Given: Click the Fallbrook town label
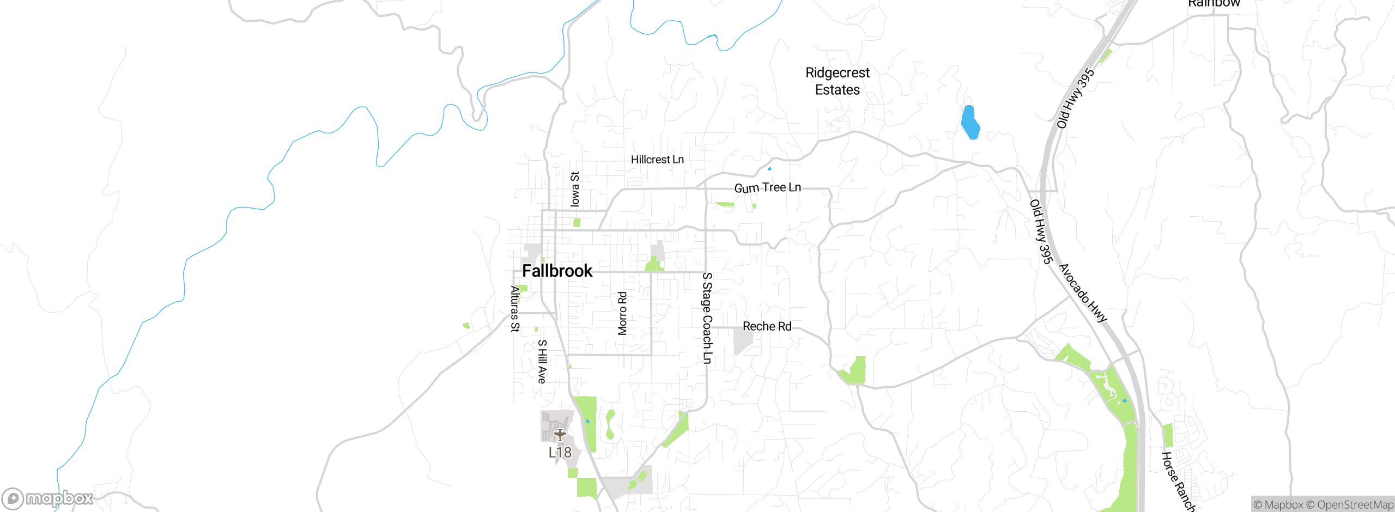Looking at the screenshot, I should pyautogui.click(x=557, y=271).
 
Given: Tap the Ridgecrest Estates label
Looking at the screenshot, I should pyautogui.click(x=837, y=81).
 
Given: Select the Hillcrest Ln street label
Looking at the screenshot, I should pyautogui.click(x=657, y=160).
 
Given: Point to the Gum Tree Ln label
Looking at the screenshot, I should pyautogui.click(x=767, y=188).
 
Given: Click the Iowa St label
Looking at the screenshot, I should pyautogui.click(x=575, y=189).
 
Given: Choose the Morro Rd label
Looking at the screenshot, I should pyautogui.click(x=622, y=313).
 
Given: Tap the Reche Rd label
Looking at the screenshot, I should pyautogui.click(x=767, y=326).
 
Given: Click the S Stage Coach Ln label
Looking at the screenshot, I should pyautogui.click(x=707, y=318).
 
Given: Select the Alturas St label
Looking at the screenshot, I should pyautogui.click(x=515, y=309).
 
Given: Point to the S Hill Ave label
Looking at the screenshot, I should pyautogui.click(x=542, y=362).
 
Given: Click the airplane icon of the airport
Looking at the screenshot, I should pyautogui.click(x=560, y=435).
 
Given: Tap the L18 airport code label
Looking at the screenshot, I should pyautogui.click(x=560, y=453).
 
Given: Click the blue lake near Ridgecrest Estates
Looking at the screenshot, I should pyautogui.click(x=970, y=123).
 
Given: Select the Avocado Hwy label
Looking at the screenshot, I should pyautogui.click(x=1083, y=293).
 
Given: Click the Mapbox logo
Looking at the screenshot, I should pyautogui.click(x=48, y=498).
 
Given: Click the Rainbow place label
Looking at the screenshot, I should pyautogui.click(x=1214, y=4).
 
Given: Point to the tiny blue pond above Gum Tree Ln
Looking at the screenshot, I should pyautogui.click(x=769, y=169).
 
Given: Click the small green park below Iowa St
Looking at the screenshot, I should pyautogui.click(x=577, y=223).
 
